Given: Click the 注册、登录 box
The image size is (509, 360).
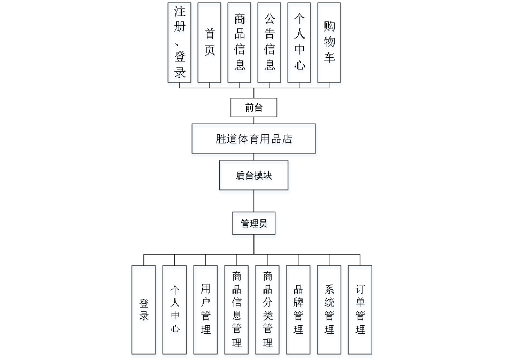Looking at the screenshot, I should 180,44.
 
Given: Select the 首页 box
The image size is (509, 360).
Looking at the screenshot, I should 210,44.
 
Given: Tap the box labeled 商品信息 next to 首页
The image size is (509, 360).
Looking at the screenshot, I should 240,44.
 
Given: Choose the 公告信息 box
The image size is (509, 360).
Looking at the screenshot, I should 269,44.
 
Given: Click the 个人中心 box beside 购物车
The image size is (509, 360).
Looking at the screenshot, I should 300,44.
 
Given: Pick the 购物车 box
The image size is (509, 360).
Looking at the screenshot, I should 329,44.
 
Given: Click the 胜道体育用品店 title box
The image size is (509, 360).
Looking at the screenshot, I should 254,141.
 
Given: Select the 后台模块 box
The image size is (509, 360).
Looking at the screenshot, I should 254,177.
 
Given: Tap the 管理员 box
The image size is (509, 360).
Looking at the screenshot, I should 254,225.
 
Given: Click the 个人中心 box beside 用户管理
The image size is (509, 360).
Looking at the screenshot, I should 175,311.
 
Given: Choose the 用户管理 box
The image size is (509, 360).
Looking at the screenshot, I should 206,311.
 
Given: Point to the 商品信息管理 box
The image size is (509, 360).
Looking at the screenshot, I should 237,311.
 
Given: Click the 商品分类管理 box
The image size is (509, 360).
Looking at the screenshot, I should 267,311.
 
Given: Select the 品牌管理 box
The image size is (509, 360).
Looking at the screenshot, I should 299,311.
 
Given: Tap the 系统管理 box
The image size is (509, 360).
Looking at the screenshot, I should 329,311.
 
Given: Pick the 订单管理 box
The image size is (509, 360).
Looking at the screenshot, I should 360,311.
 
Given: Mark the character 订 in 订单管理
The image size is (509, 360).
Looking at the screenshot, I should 361,290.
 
